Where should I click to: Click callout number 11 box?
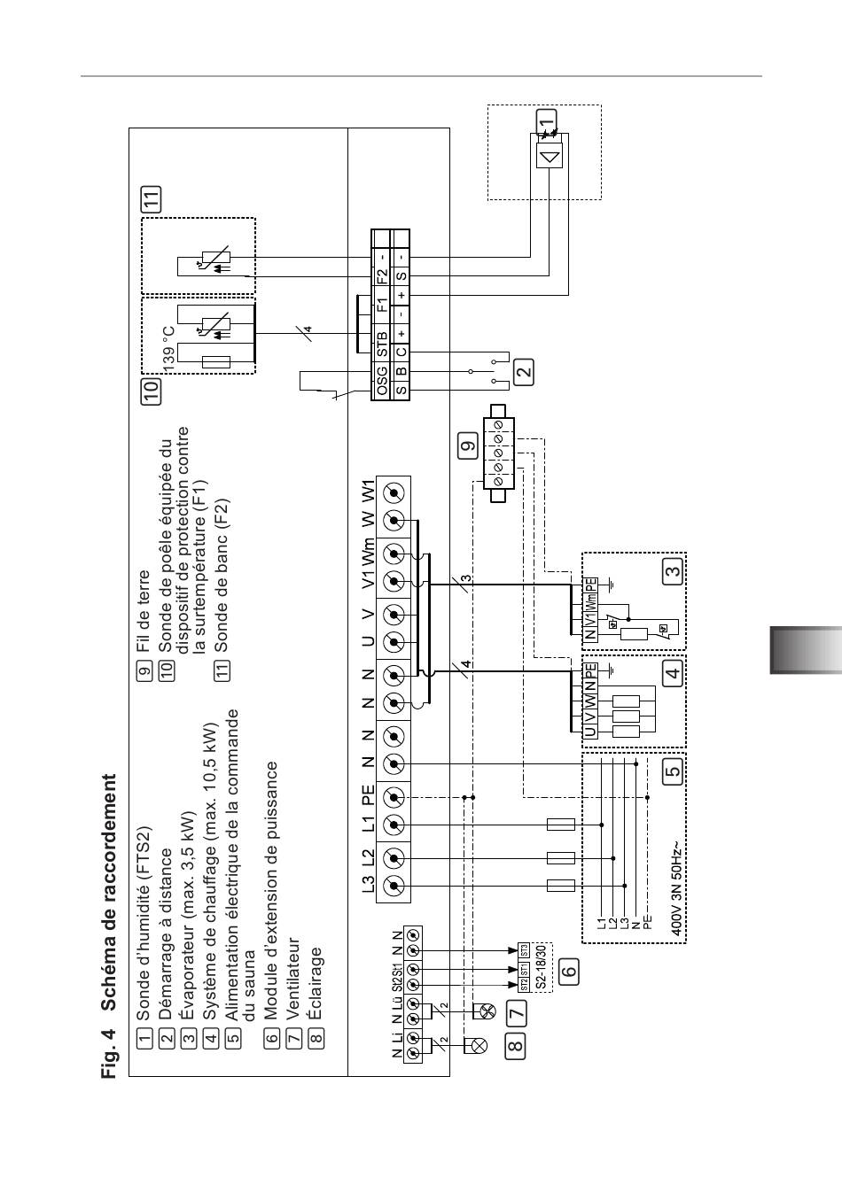pyautogui.click(x=151, y=199)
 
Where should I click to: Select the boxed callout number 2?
pyautogui.click(x=524, y=372)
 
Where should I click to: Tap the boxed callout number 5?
pyautogui.click(x=673, y=771)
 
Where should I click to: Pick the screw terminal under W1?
pyautogui.click(x=394, y=493)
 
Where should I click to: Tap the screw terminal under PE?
pyautogui.click(x=394, y=797)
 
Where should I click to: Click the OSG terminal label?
pyautogui.click(x=382, y=380)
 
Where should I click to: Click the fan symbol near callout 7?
pyautogui.click(x=484, y=1011)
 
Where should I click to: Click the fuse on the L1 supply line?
pyautogui.click(x=561, y=825)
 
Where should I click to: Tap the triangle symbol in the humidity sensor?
pyautogui.click(x=551, y=157)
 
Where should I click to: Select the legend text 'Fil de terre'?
pyautogui.click(x=143, y=610)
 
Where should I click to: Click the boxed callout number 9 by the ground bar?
pyautogui.click(x=469, y=445)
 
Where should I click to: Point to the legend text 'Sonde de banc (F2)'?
pyautogui.click(x=221, y=576)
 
